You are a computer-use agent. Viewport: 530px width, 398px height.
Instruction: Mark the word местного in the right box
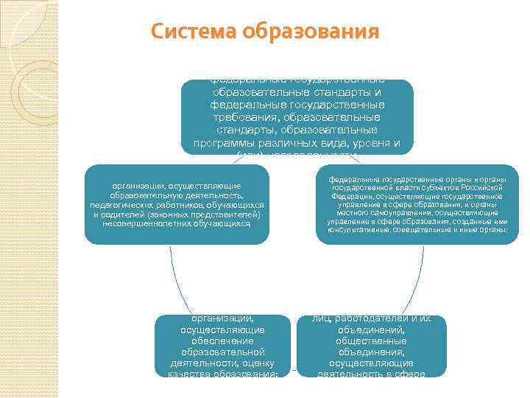click(341, 213)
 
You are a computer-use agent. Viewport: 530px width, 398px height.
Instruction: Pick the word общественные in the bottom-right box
click(371, 341)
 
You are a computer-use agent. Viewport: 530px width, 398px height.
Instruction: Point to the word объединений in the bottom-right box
click(371, 330)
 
